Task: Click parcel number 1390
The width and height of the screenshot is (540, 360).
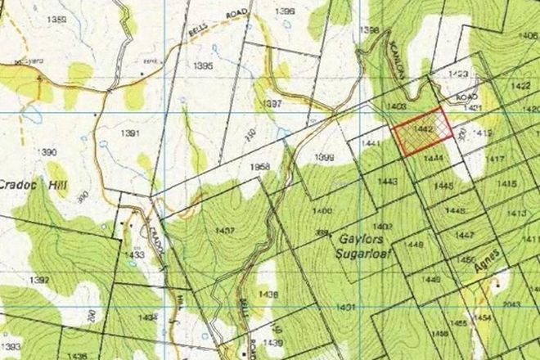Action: (50, 153)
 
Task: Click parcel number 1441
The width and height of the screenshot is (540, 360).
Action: (371, 144)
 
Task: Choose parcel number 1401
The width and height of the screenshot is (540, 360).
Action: (345, 308)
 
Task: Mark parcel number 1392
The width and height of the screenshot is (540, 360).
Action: (38, 279)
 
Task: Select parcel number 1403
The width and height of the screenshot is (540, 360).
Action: (398, 106)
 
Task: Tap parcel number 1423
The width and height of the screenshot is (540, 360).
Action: (458, 74)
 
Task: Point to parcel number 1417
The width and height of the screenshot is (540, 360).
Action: (495, 159)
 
